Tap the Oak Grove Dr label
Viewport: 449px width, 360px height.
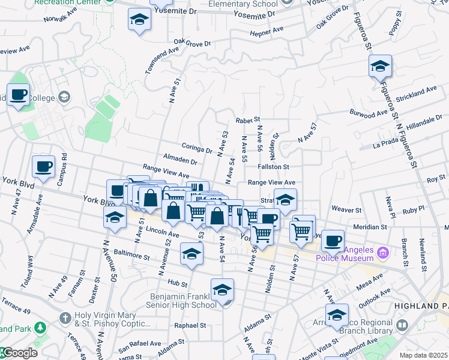192,43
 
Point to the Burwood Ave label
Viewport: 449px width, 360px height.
369,113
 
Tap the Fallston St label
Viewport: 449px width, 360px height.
273,167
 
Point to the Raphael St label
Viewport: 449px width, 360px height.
190,325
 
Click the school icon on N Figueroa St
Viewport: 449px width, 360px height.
380,66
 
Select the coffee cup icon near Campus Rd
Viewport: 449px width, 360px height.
43,167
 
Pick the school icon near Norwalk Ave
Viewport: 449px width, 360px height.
139,20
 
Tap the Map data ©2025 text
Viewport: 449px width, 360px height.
424,355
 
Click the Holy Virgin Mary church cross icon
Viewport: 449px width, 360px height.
65,316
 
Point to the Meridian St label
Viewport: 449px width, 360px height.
370,227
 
